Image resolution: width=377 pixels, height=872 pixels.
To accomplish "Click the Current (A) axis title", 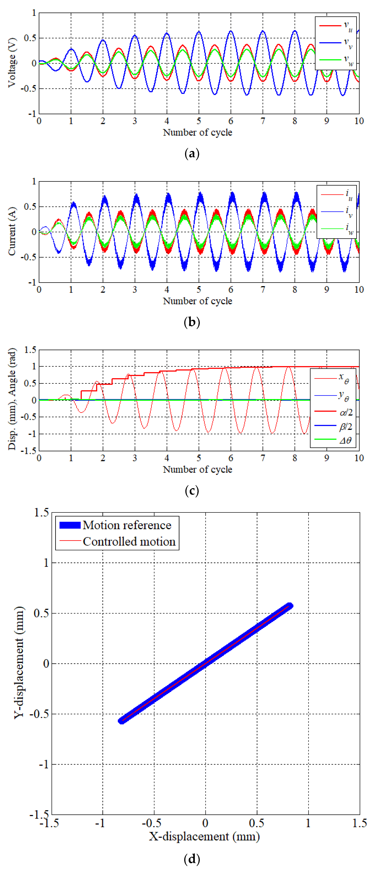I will pyautogui.click(x=12, y=232).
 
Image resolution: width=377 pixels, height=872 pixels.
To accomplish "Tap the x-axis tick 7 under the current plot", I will pyautogui.click(x=263, y=289).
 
